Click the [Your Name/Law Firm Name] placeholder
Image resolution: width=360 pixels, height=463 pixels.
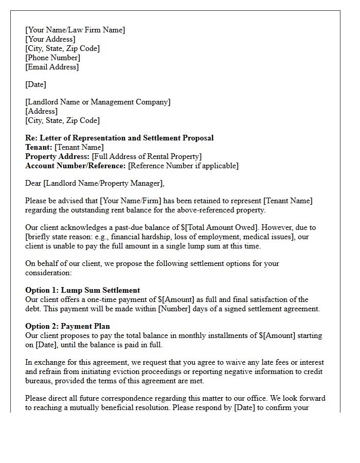(75, 30)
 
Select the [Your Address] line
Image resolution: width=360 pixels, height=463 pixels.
(50, 39)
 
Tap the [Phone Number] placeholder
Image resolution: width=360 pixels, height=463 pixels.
(52, 58)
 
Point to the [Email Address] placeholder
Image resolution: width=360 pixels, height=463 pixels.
(52, 67)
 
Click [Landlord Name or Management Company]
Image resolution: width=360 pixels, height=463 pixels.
(98, 102)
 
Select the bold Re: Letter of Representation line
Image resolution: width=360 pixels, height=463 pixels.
(119, 138)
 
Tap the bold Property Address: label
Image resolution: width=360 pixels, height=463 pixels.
(57, 156)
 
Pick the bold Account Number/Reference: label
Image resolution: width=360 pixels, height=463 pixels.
(76, 166)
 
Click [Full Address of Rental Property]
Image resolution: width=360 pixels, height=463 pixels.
(147, 156)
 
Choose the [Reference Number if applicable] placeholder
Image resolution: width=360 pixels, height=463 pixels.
(183, 166)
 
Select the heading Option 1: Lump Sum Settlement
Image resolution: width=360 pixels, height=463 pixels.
(82, 290)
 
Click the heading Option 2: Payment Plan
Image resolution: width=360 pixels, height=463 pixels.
(67, 326)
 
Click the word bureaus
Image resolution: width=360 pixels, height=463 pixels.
(39, 381)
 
